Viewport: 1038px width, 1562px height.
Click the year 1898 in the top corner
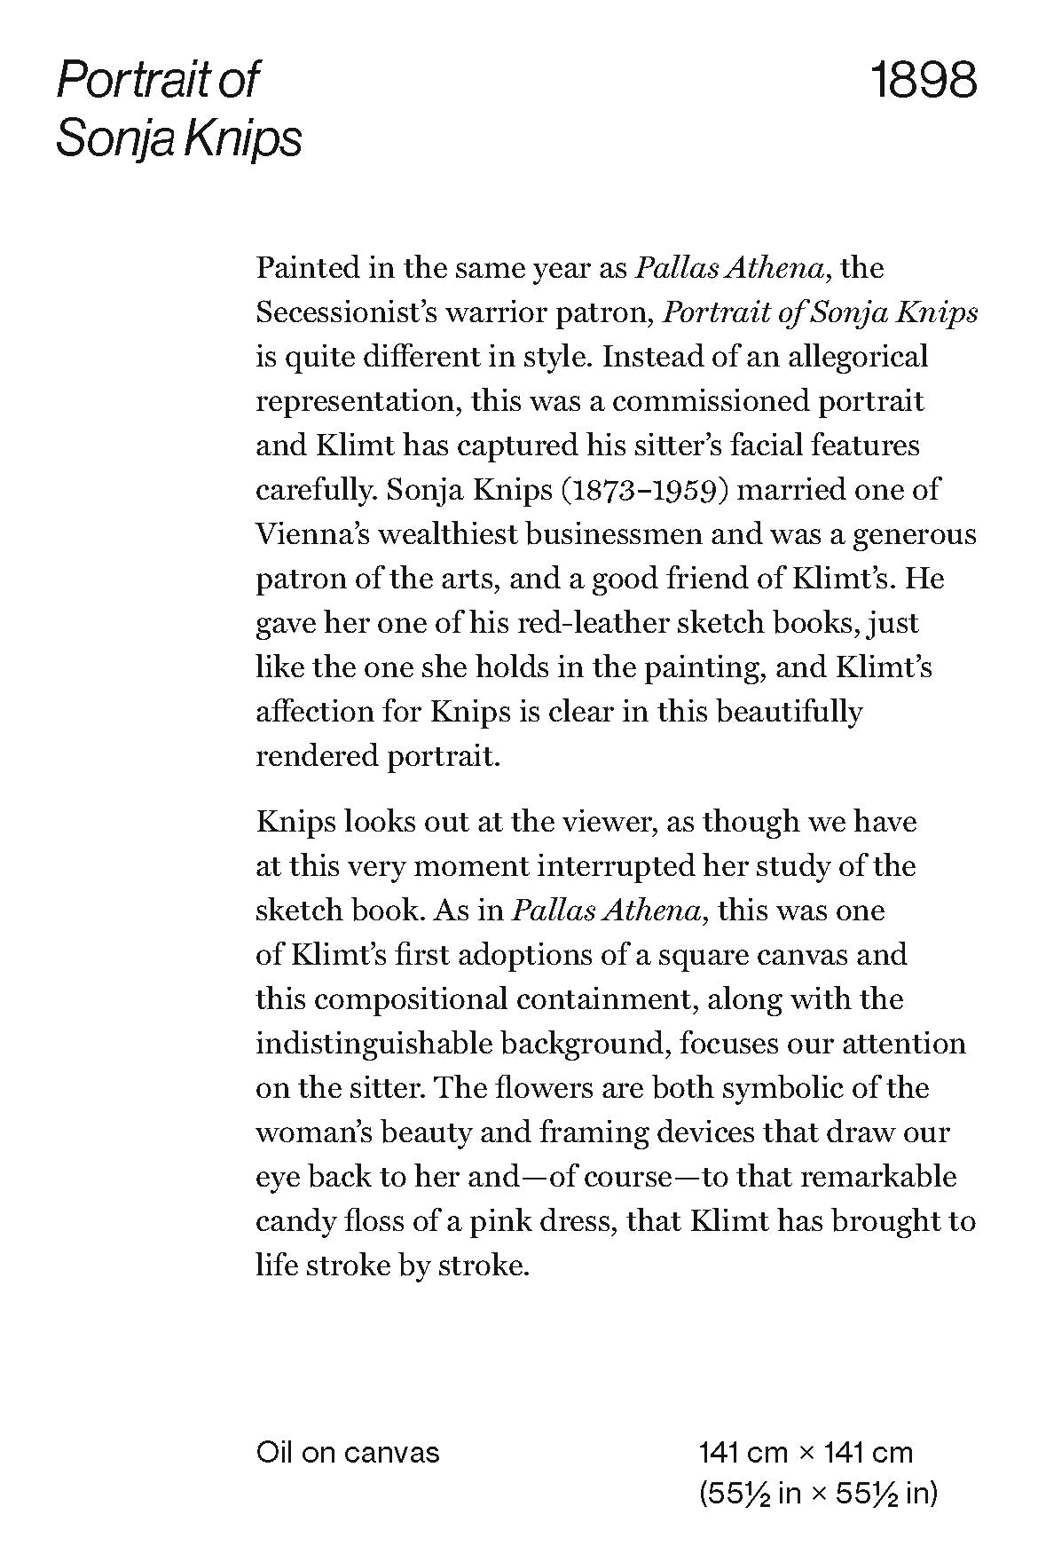click(x=924, y=80)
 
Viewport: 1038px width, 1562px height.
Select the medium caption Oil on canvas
click(x=348, y=1452)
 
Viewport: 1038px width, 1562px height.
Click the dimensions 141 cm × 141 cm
click(x=805, y=1452)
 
